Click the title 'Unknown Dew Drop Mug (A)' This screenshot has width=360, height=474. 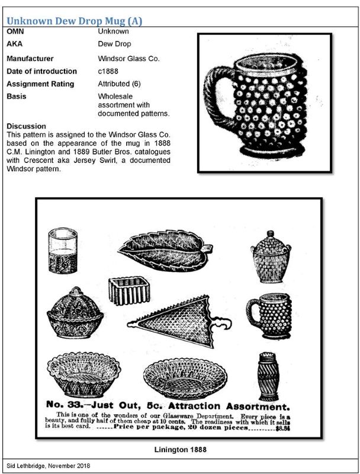pos(74,21)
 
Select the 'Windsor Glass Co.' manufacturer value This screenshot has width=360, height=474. pos(128,59)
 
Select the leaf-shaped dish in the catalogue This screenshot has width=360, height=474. pos(165,252)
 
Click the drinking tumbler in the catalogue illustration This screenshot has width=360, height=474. pos(63,251)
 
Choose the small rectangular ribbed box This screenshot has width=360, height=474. pos(127,290)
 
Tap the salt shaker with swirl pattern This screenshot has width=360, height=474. pos(268,376)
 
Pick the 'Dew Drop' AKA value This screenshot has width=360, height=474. pos(114,44)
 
